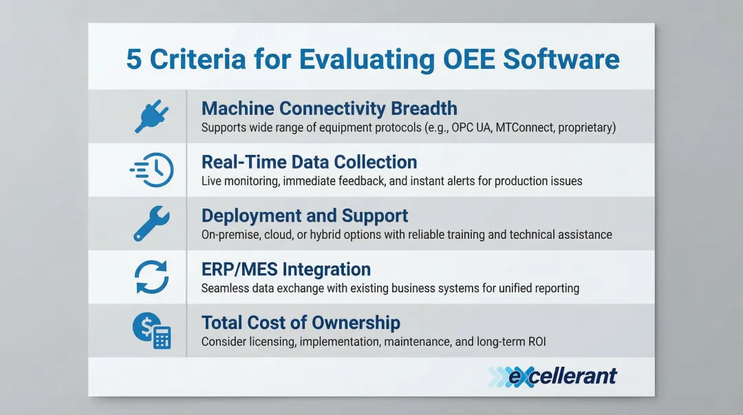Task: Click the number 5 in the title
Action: [133, 59]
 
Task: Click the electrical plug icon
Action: [151, 116]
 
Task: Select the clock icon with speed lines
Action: [151, 170]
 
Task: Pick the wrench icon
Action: [151, 224]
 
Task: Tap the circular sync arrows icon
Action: [151, 277]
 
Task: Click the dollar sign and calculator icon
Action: [151, 330]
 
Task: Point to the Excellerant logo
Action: [552, 376]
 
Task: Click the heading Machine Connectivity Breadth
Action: [330, 109]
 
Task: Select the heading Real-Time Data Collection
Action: [309, 162]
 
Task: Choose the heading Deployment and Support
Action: [305, 216]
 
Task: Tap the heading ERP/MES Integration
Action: [286, 269]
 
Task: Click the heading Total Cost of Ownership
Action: [301, 323]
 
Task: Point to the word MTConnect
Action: [524, 127]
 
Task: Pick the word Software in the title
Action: [561, 59]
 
